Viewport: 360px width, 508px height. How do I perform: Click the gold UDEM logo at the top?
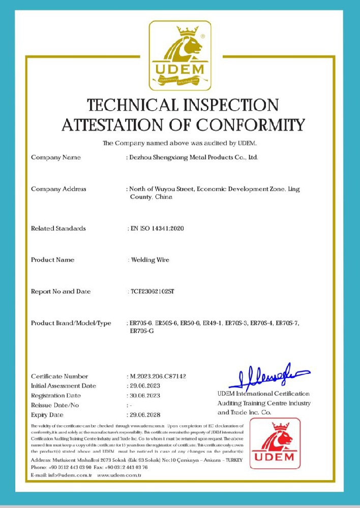[x=179, y=55]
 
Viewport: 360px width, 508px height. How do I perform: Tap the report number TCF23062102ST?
[x=152, y=292]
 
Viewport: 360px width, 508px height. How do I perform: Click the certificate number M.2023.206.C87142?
[x=158, y=376]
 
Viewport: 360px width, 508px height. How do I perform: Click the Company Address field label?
[x=58, y=189]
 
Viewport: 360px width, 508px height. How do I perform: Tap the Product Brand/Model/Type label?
[x=71, y=323]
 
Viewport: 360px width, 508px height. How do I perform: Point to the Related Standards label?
[x=58, y=229]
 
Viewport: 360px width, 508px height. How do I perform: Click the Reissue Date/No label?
[x=55, y=405]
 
